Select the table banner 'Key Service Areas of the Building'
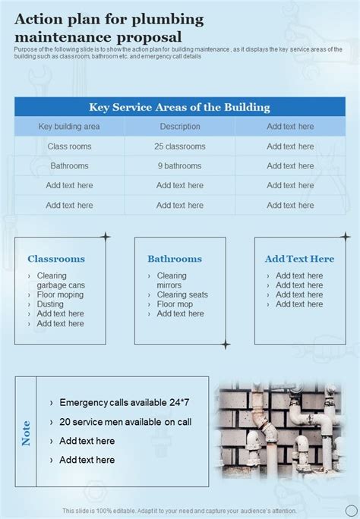click(x=179, y=108)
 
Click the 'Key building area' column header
click(x=69, y=127)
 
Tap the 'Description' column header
click(x=180, y=127)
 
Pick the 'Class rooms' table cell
click(x=69, y=146)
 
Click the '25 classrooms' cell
click(x=180, y=146)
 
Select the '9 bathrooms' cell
click(x=180, y=166)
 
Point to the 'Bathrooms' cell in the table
click(x=69, y=166)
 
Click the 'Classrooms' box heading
click(x=56, y=259)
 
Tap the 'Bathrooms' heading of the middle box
click(x=175, y=259)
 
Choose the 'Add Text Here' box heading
click(x=299, y=259)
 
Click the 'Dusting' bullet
click(x=50, y=304)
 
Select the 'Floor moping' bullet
click(x=60, y=294)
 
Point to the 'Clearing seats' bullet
click(x=182, y=294)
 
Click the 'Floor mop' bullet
click(x=175, y=304)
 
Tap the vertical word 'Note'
click(x=27, y=432)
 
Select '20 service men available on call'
click(x=125, y=422)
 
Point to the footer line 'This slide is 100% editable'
click(x=180, y=511)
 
